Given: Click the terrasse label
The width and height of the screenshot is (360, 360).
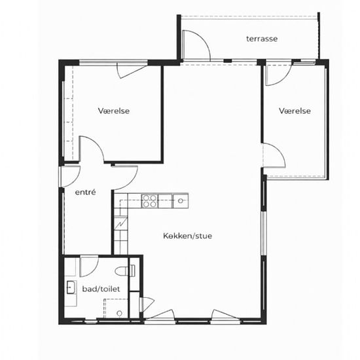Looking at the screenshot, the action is click(262, 39).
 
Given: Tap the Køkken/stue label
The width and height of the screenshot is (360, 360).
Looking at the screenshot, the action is click(188, 236).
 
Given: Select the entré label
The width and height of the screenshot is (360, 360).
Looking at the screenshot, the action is click(85, 192).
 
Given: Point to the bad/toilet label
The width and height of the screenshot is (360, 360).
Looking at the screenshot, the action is click(101, 289).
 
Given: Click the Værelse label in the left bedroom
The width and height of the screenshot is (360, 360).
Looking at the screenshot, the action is click(114, 111).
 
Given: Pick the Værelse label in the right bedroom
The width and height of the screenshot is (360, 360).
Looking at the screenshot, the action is click(295, 111).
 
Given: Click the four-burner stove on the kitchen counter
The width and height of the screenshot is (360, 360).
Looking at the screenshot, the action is click(150, 201).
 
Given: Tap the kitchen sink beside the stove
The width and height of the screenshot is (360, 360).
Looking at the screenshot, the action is click(180, 201).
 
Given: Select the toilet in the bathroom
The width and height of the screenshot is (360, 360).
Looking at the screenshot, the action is click(125, 271).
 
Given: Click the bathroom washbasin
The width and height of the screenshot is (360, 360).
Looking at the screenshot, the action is click(71, 287).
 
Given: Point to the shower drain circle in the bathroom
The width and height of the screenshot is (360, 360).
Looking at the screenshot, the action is click(119, 313).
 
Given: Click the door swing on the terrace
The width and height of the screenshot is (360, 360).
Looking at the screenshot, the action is click(196, 45).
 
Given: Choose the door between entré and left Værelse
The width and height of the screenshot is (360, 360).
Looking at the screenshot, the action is click(92, 149).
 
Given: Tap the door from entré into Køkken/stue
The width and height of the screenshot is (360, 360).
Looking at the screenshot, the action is click(125, 177).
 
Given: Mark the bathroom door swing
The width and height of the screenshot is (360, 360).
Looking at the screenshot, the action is click(89, 266).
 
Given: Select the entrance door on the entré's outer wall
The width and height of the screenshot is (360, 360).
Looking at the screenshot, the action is click(70, 176).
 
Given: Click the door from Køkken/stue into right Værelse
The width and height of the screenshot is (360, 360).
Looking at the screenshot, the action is click(274, 155).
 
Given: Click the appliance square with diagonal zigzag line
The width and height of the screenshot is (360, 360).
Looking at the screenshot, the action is click(121, 223).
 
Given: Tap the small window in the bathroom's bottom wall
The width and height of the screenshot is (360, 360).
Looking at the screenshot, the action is click(91, 321).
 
